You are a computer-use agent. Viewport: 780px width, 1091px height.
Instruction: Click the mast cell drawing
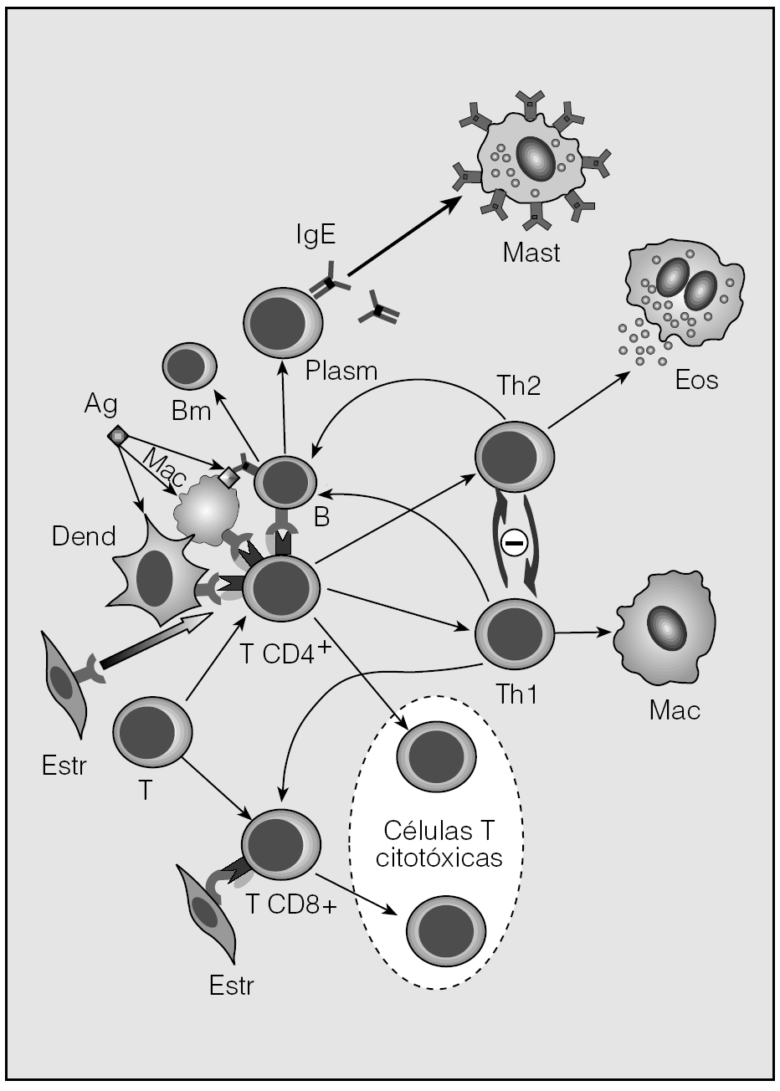pos(530,159)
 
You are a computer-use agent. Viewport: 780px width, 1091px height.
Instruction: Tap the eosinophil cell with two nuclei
pos(682,293)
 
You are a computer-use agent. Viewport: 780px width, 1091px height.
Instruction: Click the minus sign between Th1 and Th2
pos(514,544)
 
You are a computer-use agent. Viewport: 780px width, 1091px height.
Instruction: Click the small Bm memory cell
pos(188,367)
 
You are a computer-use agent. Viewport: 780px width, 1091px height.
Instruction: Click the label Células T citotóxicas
pos(438,845)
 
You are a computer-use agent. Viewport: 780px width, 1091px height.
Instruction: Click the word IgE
pos(316,234)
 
